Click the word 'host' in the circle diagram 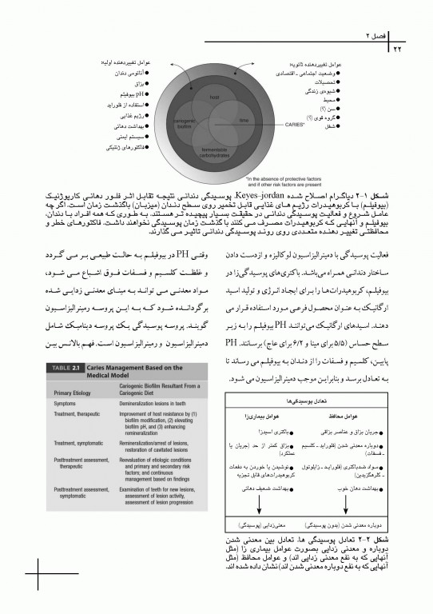[215, 97]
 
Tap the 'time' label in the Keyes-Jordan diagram [244, 120]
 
